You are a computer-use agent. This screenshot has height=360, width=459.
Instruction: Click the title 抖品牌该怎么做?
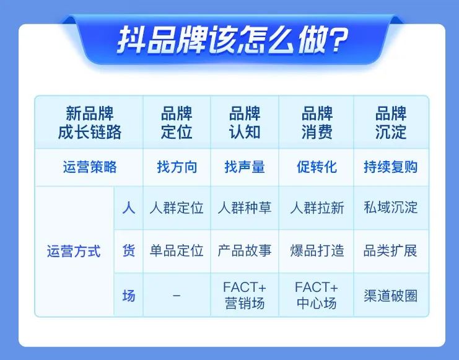[233, 40]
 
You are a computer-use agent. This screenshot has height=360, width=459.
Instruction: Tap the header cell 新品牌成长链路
[90, 123]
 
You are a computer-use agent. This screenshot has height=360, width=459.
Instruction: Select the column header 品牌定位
[177, 123]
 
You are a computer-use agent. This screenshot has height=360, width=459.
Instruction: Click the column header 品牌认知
[245, 123]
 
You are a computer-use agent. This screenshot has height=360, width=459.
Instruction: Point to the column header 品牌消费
[317, 123]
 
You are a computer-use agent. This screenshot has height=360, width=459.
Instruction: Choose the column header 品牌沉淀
[391, 123]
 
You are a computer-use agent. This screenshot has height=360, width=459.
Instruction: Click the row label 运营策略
[90, 167]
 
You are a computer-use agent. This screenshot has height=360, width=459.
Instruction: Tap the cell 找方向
[177, 167]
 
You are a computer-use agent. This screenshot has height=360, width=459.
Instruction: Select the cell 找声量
[245, 167]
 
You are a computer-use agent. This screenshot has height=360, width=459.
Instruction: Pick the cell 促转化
[317, 167]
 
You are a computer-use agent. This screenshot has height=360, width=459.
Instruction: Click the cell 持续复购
[390, 167]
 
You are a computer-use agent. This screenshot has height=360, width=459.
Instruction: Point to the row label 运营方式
[74, 252]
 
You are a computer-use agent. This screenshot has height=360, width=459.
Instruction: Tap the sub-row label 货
[129, 251]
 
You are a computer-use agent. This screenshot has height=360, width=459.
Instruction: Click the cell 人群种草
[245, 208]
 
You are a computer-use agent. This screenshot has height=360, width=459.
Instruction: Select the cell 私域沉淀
[390, 207]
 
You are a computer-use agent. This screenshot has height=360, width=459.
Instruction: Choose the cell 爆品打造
[317, 251]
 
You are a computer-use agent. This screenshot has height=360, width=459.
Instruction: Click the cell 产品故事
[245, 251]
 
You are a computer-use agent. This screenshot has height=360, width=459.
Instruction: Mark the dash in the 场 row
[177, 296]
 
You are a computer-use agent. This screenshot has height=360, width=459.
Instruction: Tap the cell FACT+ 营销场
[245, 296]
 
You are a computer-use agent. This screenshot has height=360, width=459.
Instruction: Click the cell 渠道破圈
[390, 296]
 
